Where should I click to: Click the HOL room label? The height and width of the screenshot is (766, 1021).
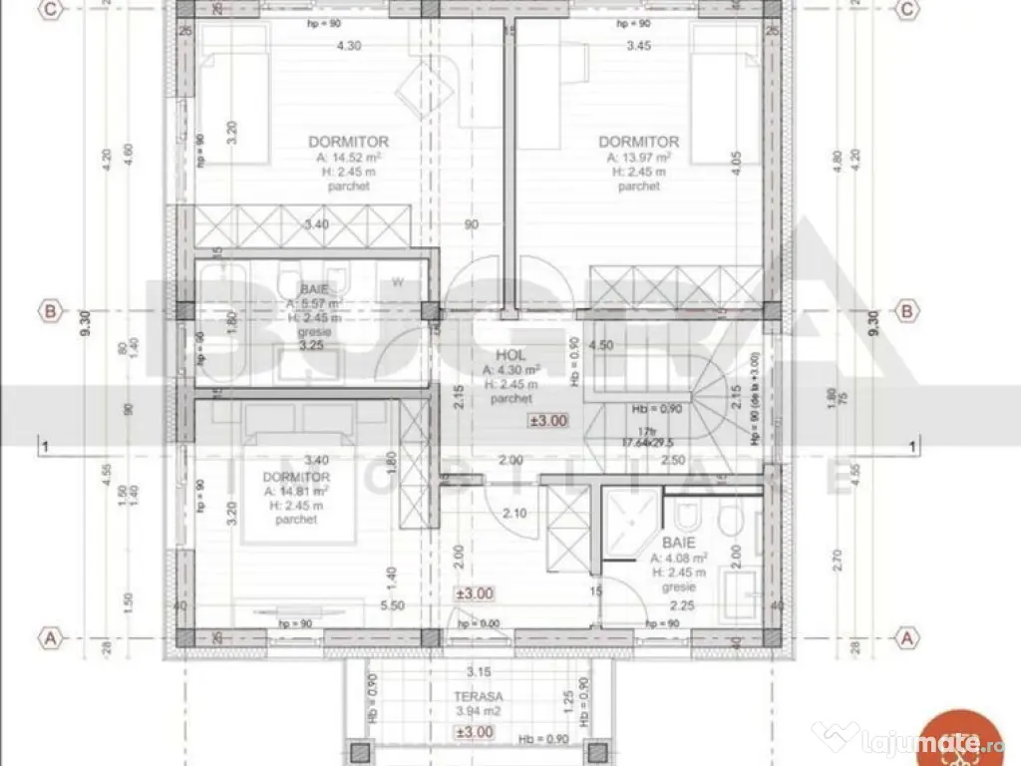click(x=511, y=354)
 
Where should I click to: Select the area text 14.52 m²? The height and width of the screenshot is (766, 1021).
click(x=348, y=157)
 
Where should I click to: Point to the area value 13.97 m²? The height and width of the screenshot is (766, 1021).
click(x=638, y=157)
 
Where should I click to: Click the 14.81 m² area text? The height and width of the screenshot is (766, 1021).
click(x=296, y=490)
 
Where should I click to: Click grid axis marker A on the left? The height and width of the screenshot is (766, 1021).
click(x=47, y=636)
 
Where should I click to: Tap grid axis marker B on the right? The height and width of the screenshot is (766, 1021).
click(x=907, y=310)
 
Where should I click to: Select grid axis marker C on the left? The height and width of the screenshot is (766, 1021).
click(x=47, y=9)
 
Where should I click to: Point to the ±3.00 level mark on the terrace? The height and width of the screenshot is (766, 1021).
click(x=475, y=732)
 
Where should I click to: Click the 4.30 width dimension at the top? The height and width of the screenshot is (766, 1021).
click(x=348, y=45)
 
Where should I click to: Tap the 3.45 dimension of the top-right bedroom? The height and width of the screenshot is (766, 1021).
click(x=638, y=45)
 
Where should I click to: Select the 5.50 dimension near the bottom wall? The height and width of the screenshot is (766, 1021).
click(x=392, y=604)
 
